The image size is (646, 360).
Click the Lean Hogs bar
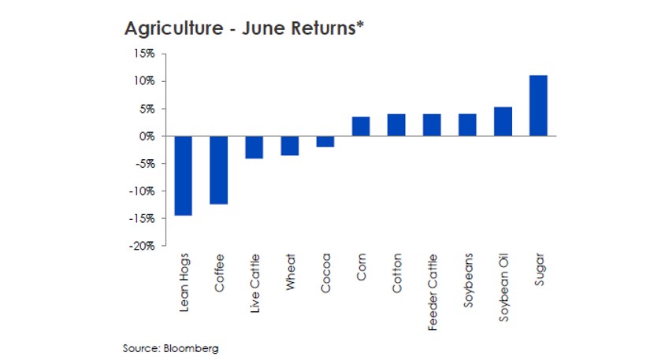[x=183, y=175]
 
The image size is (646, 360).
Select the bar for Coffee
[x=218, y=170]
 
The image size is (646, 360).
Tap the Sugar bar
[x=539, y=106]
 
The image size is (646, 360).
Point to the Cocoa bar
[x=325, y=142]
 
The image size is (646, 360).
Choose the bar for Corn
[x=361, y=127]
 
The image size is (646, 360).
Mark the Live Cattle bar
[x=254, y=147]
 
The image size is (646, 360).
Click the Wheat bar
[x=290, y=146]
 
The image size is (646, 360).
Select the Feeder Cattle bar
[x=432, y=125]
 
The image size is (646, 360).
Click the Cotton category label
[x=396, y=273]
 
